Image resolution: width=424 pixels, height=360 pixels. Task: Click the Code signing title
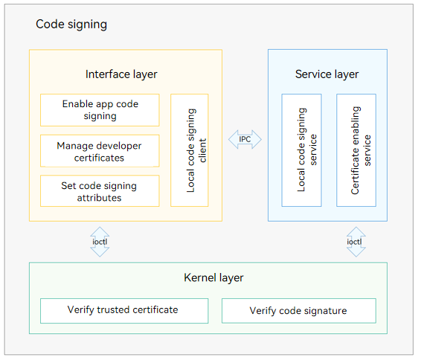[71, 25]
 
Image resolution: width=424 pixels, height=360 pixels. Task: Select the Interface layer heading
[121, 74]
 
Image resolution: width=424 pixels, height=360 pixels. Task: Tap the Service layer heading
[327, 74]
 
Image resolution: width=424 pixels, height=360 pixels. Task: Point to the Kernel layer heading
[213, 277]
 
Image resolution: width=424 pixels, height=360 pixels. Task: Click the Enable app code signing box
[100, 110]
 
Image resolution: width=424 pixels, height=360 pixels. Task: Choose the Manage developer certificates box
[100, 151]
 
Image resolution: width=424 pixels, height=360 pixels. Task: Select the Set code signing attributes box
[100, 191]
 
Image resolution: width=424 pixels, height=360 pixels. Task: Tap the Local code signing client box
[189, 150]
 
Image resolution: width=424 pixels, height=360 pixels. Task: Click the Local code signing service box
[301, 150]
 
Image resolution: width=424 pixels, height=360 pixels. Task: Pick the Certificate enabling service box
[356, 150]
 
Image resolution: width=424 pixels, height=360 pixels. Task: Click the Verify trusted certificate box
[124, 311]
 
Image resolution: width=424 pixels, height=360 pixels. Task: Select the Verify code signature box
[299, 311]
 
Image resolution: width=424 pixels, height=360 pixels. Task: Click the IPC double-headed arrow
[245, 139]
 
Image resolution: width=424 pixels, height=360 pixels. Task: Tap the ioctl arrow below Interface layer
[100, 242]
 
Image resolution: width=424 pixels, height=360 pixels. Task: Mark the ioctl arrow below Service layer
[356, 242]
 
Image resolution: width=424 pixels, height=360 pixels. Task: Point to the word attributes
[99, 198]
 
